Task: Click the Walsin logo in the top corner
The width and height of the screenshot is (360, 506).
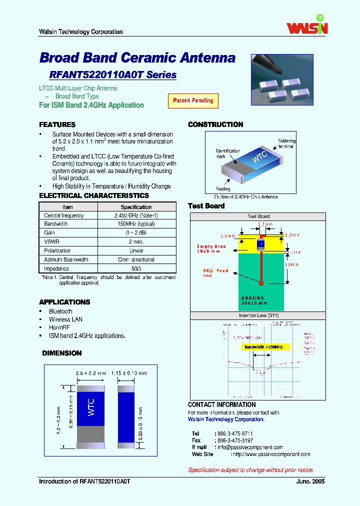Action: [307, 25]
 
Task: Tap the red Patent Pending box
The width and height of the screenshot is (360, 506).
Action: [193, 100]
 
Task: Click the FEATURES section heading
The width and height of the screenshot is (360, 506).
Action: [57, 124]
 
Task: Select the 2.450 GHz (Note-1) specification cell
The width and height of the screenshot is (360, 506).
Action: [136, 215]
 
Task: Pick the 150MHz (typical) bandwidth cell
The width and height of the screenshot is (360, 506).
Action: [136, 224]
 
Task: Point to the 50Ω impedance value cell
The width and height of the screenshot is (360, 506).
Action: [136, 268]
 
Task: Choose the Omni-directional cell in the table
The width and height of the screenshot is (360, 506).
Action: [136, 260]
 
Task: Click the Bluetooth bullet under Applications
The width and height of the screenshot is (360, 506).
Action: [60, 311]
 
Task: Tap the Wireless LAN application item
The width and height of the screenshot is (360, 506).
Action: [65, 319]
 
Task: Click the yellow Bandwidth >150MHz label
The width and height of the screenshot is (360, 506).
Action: [263, 347]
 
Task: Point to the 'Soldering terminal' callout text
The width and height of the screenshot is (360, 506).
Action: [286, 144]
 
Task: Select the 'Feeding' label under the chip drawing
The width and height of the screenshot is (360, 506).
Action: [223, 189]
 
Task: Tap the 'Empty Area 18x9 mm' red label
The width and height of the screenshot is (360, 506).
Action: [211, 249]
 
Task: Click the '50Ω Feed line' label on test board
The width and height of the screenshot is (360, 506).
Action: [215, 273]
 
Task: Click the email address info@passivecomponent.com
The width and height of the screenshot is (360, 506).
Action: [250, 447]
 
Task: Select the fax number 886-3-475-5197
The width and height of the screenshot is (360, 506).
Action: [234, 440]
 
